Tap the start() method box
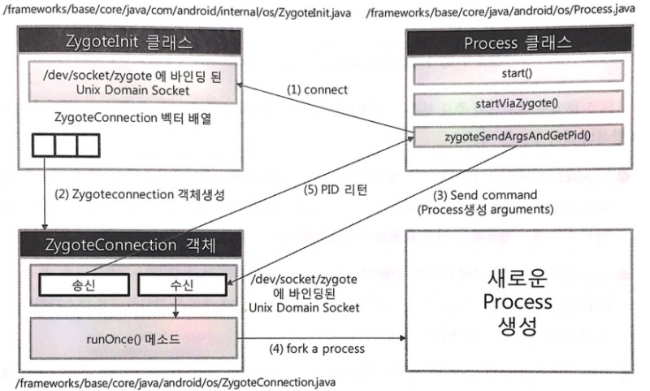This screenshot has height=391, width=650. pyautogui.click(x=518, y=75)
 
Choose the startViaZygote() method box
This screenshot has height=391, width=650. pyautogui.click(x=518, y=105)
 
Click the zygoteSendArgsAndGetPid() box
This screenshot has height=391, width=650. pyautogui.click(x=518, y=136)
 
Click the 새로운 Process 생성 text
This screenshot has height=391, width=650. pyautogui.click(x=517, y=302)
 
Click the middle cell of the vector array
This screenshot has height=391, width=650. pyautogui.click(x=65, y=146)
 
